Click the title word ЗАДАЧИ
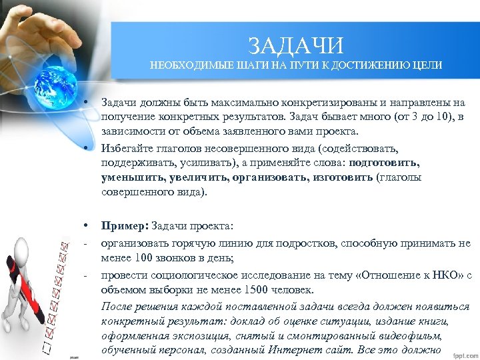(296, 45)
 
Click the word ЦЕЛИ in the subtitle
(427, 65)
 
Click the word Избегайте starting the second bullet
(124, 147)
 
